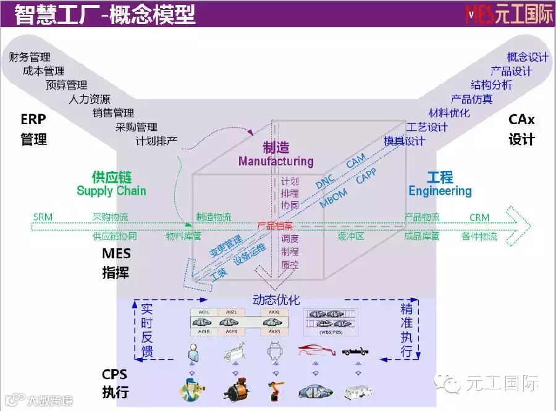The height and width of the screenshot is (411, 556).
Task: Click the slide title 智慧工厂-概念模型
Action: click(105, 14)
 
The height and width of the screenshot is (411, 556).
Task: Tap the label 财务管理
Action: click(30, 58)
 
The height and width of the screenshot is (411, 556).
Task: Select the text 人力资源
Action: click(90, 99)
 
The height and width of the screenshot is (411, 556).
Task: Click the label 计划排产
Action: click(157, 140)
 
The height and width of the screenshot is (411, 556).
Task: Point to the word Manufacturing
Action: click(276, 162)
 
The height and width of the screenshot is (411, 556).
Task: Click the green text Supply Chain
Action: click(111, 191)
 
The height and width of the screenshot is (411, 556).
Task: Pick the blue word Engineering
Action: click(440, 191)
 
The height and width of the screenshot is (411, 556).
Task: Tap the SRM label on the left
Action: click(43, 217)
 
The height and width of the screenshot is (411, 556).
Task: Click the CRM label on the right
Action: click(479, 217)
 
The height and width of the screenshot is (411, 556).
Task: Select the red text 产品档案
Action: click(275, 226)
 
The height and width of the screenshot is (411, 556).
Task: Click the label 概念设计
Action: click(528, 57)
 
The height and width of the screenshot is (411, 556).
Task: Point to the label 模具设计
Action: click(405, 141)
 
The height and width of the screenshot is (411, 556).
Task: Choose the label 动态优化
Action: click(276, 301)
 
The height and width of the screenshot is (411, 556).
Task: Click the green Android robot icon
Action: click(274, 352)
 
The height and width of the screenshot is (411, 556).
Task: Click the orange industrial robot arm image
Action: click(274, 389)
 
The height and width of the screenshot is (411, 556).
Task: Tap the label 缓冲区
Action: click(350, 236)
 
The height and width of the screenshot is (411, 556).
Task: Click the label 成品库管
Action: click(422, 236)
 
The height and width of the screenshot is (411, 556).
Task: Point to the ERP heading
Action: click(33, 119)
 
